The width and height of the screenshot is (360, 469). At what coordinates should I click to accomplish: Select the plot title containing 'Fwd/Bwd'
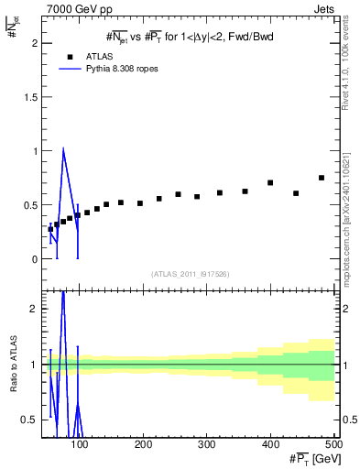[190, 38]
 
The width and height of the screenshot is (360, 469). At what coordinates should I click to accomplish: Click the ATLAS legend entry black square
[68, 56]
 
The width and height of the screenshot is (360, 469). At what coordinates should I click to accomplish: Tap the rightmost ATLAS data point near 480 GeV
[322, 178]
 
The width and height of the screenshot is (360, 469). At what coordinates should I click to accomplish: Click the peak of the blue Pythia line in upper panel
[63, 149]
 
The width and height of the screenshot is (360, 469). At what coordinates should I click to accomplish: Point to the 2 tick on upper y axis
[34, 43]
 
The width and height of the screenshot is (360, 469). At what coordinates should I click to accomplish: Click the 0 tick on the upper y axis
[34, 259]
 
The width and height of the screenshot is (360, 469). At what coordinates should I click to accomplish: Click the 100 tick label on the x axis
[80, 444]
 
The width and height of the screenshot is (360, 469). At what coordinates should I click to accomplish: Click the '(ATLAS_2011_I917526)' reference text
[189, 274]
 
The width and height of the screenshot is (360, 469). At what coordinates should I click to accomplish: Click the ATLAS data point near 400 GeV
[270, 183]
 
